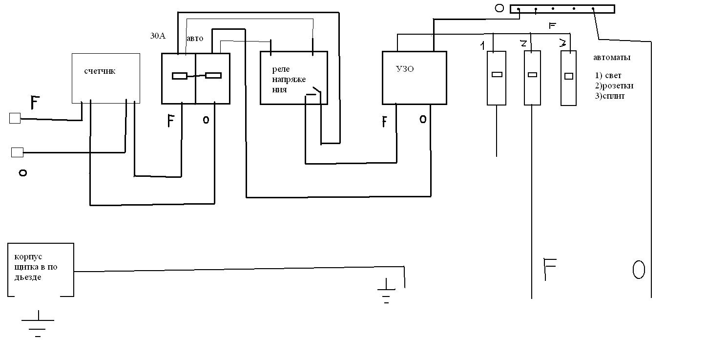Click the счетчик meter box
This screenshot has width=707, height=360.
pos(106,78)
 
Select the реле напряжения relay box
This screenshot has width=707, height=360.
pos(293,78)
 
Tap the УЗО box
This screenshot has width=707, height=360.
pos(414,78)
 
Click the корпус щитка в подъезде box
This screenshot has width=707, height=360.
pos(41,269)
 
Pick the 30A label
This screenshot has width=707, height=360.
pos(157,35)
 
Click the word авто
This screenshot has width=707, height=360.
pos(195,38)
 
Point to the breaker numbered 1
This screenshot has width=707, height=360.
pos(497,78)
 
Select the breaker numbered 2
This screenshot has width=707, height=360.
pos(532,78)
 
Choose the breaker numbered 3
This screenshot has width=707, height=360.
pos(568,78)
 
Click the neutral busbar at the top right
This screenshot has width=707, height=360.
pos(562,9)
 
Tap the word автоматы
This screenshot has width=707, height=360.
pos(612,58)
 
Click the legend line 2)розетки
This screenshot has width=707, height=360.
pos(614,86)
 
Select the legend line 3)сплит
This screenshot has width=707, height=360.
pos(610,96)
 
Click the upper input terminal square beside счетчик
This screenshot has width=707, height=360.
pos(15,118)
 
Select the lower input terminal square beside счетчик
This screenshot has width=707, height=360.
pos(17,152)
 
